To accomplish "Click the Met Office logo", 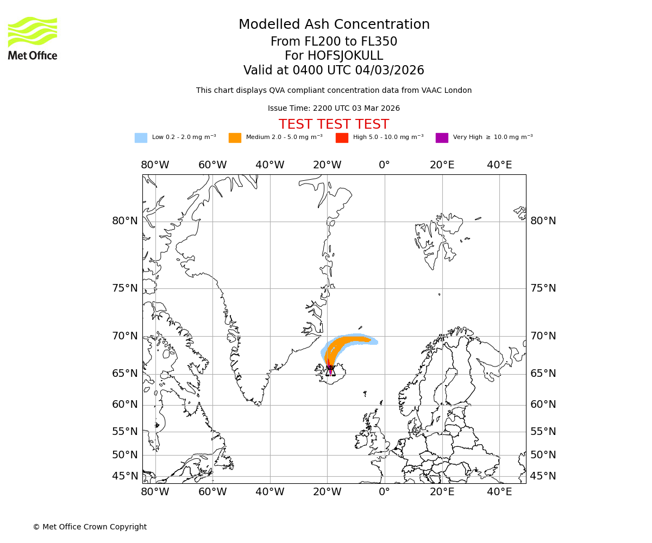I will (33, 38).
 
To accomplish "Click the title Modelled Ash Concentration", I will (334, 24).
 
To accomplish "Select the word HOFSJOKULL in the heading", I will (345, 56).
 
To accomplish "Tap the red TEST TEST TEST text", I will (334, 124).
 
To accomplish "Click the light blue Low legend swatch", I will (141, 137).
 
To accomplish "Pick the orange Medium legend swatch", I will (235, 137).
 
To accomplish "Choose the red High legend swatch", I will (342, 137).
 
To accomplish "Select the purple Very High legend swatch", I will (442, 137).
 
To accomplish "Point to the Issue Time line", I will (334, 108).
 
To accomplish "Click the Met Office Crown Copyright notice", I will (90, 527).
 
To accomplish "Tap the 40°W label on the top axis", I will (269, 165).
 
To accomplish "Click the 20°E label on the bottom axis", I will (442, 491).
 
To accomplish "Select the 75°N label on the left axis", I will (125, 288).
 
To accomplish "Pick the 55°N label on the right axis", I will (543, 431).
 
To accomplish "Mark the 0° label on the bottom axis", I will (384, 491).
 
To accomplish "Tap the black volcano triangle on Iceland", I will (330, 371).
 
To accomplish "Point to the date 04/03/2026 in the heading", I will (390, 70).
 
